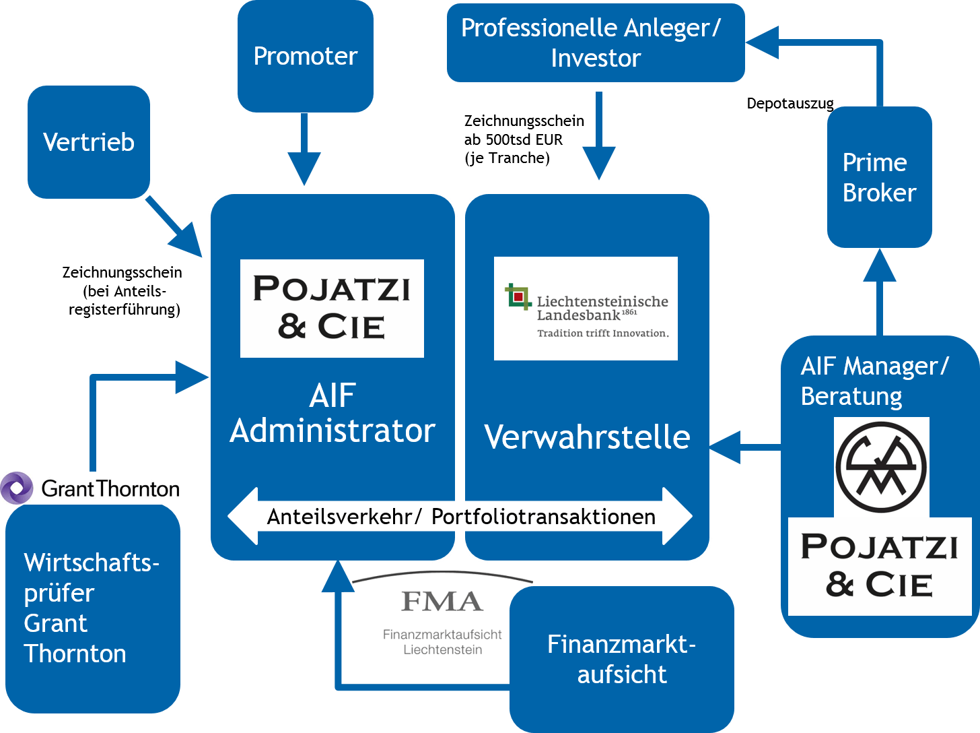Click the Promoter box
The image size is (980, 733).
[x=305, y=57]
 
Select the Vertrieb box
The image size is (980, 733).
[x=88, y=142]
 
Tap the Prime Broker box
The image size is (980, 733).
[x=879, y=177]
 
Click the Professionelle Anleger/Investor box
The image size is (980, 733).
[x=595, y=42]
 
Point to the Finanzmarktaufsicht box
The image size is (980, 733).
[x=621, y=659]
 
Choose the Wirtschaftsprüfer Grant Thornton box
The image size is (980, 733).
[x=92, y=608]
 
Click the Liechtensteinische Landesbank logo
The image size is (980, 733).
[x=586, y=309]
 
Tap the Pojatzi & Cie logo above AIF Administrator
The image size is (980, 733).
[x=332, y=308]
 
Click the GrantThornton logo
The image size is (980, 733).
[x=90, y=488]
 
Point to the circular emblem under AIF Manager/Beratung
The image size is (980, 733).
[x=881, y=466]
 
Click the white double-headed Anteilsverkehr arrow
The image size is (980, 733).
[x=460, y=516]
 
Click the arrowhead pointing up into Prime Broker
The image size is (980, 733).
[x=879, y=265]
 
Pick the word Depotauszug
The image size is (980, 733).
[x=790, y=104]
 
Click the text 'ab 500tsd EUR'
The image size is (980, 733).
[x=513, y=139]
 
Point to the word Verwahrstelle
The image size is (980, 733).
[x=587, y=437]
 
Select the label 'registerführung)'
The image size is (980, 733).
[x=125, y=310]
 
